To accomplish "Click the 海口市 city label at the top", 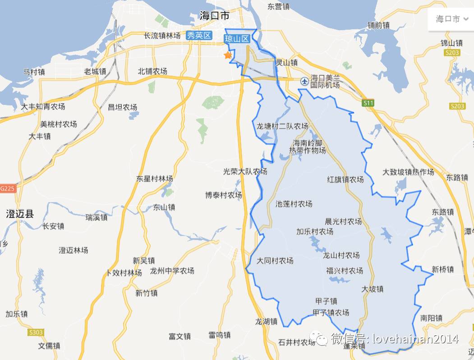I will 215,16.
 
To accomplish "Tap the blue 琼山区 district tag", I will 237,39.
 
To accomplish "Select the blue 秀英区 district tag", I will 199,36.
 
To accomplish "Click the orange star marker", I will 228,55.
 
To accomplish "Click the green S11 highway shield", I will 368,103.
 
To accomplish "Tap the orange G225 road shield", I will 8,188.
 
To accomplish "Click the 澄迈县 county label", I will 20,214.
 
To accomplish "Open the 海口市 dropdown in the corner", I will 451,19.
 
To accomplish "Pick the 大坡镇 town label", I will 373,289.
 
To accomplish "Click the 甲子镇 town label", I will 326,301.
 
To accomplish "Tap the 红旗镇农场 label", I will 345,179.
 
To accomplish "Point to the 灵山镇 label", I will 287,63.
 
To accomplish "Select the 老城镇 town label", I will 95,71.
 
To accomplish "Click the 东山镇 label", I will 164,208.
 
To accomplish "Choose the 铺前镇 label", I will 378,25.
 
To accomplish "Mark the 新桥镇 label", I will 442,269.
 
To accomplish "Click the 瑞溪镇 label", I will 97,217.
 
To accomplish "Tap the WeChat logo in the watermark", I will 321,339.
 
